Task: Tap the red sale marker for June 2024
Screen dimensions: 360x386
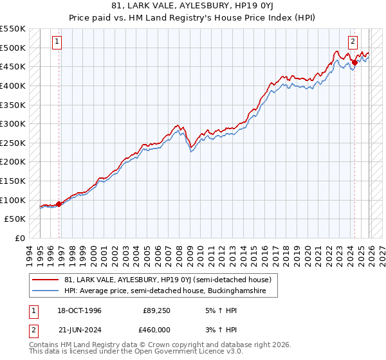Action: [354, 62]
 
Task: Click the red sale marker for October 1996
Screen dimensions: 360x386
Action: [59, 204]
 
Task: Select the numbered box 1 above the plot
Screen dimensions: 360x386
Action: [57, 42]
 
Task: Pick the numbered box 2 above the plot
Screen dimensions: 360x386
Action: [353, 42]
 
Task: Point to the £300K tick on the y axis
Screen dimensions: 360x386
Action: [13, 123]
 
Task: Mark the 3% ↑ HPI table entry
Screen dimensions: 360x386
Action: [221, 330]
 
